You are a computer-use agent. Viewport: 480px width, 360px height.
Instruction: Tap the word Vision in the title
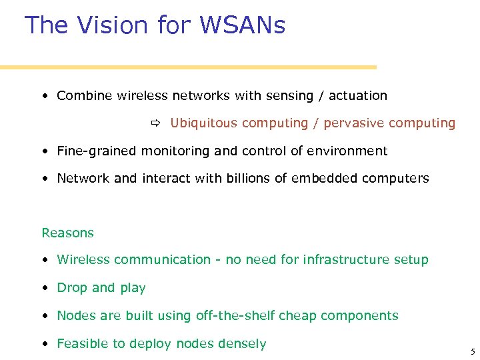click(x=113, y=25)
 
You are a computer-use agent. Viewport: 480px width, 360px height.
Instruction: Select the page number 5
click(x=472, y=352)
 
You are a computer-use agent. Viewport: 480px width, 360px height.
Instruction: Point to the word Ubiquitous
click(x=203, y=123)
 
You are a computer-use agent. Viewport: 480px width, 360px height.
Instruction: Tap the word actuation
click(x=358, y=96)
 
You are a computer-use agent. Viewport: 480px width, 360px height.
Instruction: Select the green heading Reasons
click(x=68, y=233)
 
